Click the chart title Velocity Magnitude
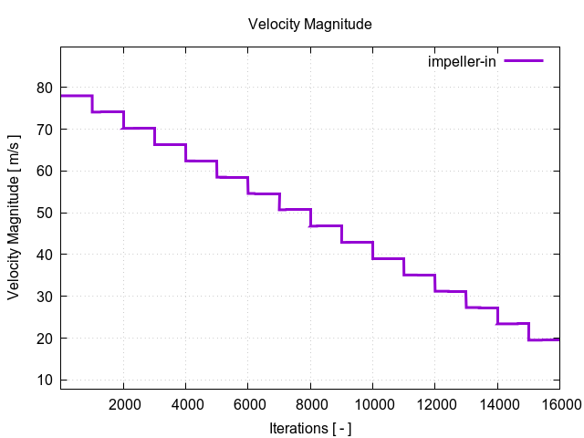[309, 25]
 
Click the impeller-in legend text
[462, 61]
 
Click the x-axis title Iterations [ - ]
[309, 427]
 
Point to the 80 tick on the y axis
[45, 88]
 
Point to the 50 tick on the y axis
[45, 213]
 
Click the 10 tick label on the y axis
[45, 380]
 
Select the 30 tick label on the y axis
[45, 297]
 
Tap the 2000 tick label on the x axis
[123, 402]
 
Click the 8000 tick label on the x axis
[310, 402]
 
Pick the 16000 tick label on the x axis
[558, 402]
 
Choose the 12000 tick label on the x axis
[434, 402]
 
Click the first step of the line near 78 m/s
[77, 96]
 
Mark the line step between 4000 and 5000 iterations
[201, 161]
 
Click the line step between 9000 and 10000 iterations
[357, 242]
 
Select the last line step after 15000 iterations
[544, 339]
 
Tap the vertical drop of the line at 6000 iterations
[248, 185]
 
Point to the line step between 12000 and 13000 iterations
[450, 291]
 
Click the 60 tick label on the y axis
[45, 172]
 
